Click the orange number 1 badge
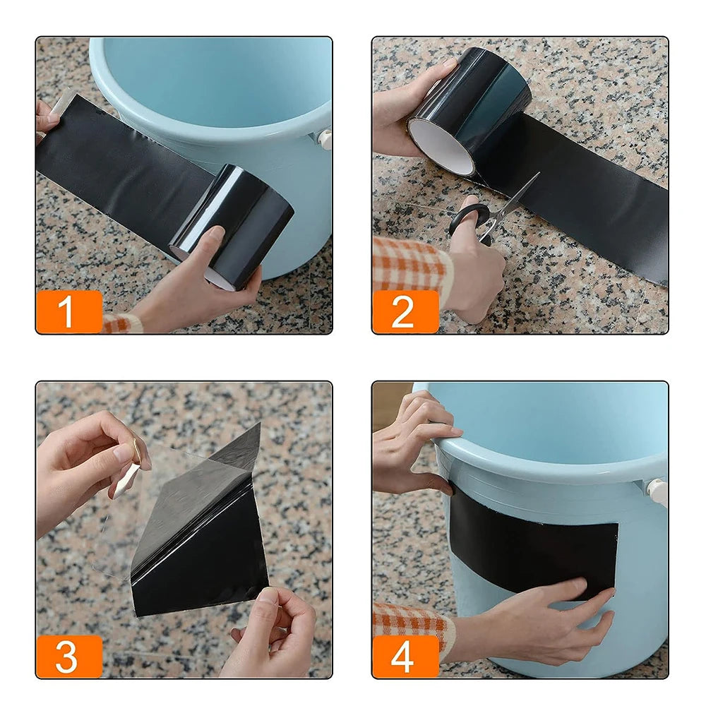point(68,311)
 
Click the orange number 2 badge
point(405,311)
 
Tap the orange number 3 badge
point(68,656)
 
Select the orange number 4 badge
point(405,656)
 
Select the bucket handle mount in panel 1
point(325,138)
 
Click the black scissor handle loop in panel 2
point(469,220)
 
